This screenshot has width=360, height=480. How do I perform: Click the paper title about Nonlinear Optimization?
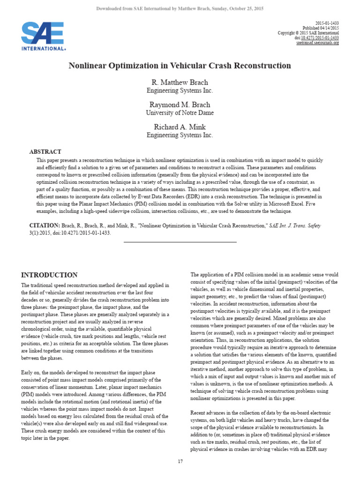[180, 66]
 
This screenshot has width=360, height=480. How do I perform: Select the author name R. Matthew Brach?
[180, 82]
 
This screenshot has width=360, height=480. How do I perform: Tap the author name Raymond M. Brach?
[180, 105]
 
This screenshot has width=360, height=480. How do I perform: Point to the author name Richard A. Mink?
[180, 127]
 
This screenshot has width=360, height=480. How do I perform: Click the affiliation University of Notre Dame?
[180, 113]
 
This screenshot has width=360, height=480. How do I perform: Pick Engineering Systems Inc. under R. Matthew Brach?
[180, 90]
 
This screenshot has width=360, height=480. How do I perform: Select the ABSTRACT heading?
[45, 152]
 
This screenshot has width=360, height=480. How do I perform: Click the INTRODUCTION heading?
[50, 275]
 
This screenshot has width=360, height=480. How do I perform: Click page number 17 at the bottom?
[180, 462]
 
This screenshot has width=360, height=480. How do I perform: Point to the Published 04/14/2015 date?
[321, 28]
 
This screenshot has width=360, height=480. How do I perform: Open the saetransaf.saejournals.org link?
[317, 43]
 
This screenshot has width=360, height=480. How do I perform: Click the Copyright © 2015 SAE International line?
[308, 33]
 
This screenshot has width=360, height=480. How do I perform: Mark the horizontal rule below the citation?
[180, 242]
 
